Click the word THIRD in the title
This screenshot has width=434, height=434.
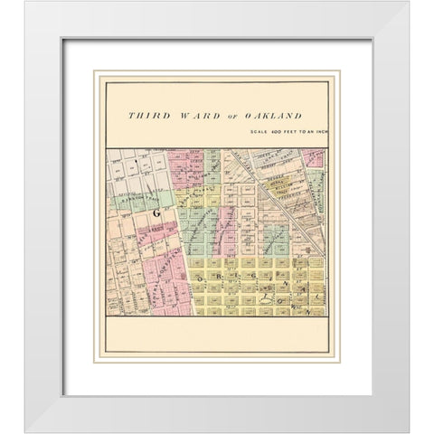[146, 116]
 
